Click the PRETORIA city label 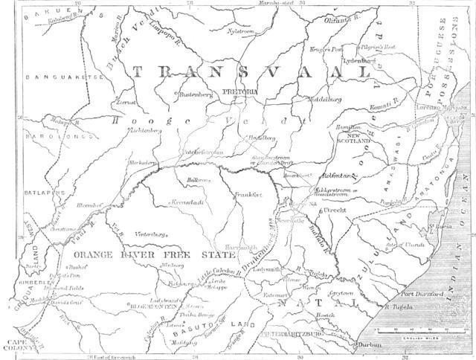pos(238,91)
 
